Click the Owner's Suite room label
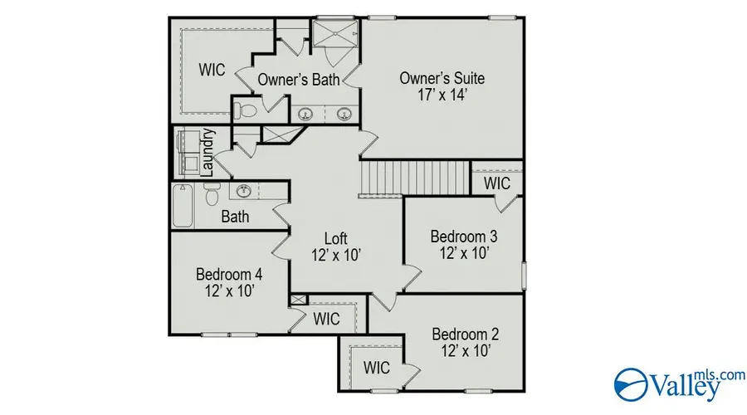coord(442,78)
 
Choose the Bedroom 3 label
coord(463,237)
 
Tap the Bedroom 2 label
coord(465,334)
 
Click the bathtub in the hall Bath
coord(183,205)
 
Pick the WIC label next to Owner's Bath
coord(212,70)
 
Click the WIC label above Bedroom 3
coord(496,183)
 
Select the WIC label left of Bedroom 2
coord(376,366)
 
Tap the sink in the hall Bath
coord(244,192)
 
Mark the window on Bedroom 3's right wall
coord(524,275)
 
